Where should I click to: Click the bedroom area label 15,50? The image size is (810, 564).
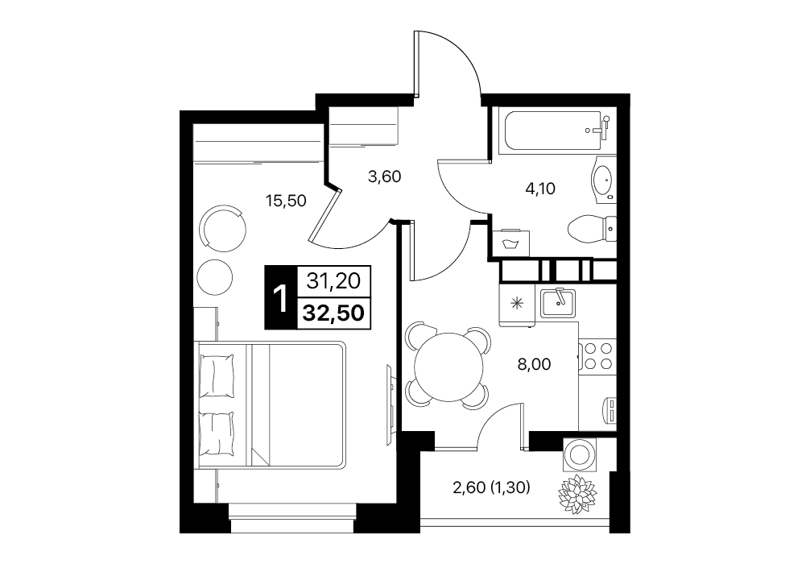286,200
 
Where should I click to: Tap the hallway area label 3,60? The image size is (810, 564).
384,176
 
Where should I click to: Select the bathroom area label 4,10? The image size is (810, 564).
539,189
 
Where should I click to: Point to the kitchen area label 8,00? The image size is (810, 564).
534,364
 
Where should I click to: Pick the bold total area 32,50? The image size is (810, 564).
333,313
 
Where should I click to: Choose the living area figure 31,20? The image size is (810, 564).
333,281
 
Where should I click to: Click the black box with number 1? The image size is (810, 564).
280,297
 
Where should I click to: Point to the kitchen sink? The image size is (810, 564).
558,303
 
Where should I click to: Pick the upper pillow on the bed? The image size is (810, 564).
217,375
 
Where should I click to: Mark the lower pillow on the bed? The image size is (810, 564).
217,433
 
